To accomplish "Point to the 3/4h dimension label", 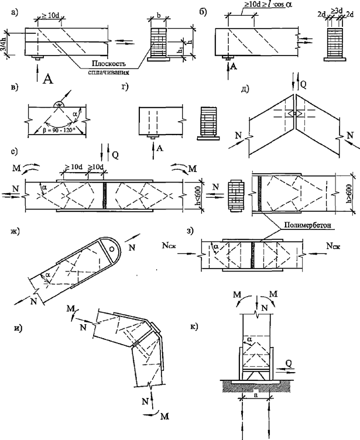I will (x=5, y=42).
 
